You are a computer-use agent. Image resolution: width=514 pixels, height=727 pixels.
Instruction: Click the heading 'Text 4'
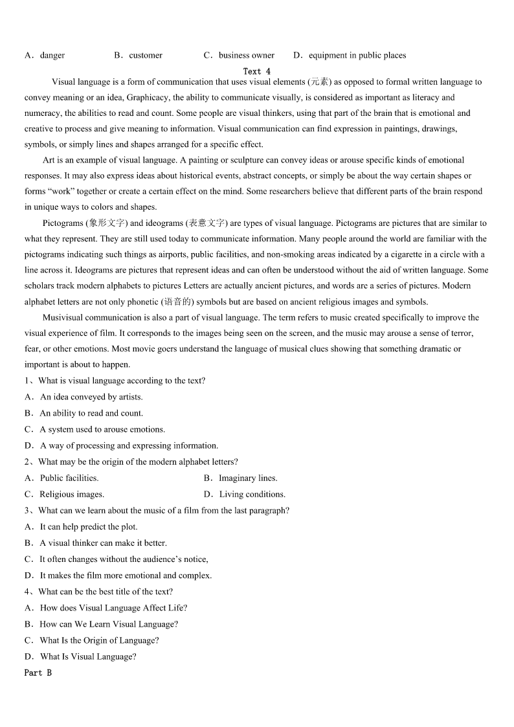click(257, 71)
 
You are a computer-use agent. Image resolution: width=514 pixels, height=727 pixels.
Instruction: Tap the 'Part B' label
click(38, 673)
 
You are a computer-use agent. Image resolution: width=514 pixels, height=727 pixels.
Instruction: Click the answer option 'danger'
click(52, 56)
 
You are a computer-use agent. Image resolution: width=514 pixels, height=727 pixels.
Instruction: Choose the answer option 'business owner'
click(246, 56)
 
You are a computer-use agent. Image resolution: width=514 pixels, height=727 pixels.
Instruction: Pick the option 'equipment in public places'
click(357, 56)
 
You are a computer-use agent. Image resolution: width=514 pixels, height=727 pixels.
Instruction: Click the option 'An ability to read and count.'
click(91, 413)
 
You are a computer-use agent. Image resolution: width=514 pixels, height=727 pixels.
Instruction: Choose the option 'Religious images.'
click(72, 494)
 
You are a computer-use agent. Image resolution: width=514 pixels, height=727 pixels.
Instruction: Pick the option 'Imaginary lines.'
click(248, 478)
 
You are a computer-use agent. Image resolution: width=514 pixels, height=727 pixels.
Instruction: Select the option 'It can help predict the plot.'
click(89, 527)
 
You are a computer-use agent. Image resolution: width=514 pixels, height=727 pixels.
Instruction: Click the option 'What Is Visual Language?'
click(88, 656)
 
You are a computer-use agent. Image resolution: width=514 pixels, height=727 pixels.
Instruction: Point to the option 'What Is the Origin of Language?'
click(99, 640)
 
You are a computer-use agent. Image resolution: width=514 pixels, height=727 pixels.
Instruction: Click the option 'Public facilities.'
click(69, 478)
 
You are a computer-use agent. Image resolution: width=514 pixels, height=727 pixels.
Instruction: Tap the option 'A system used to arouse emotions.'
click(102, 429)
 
